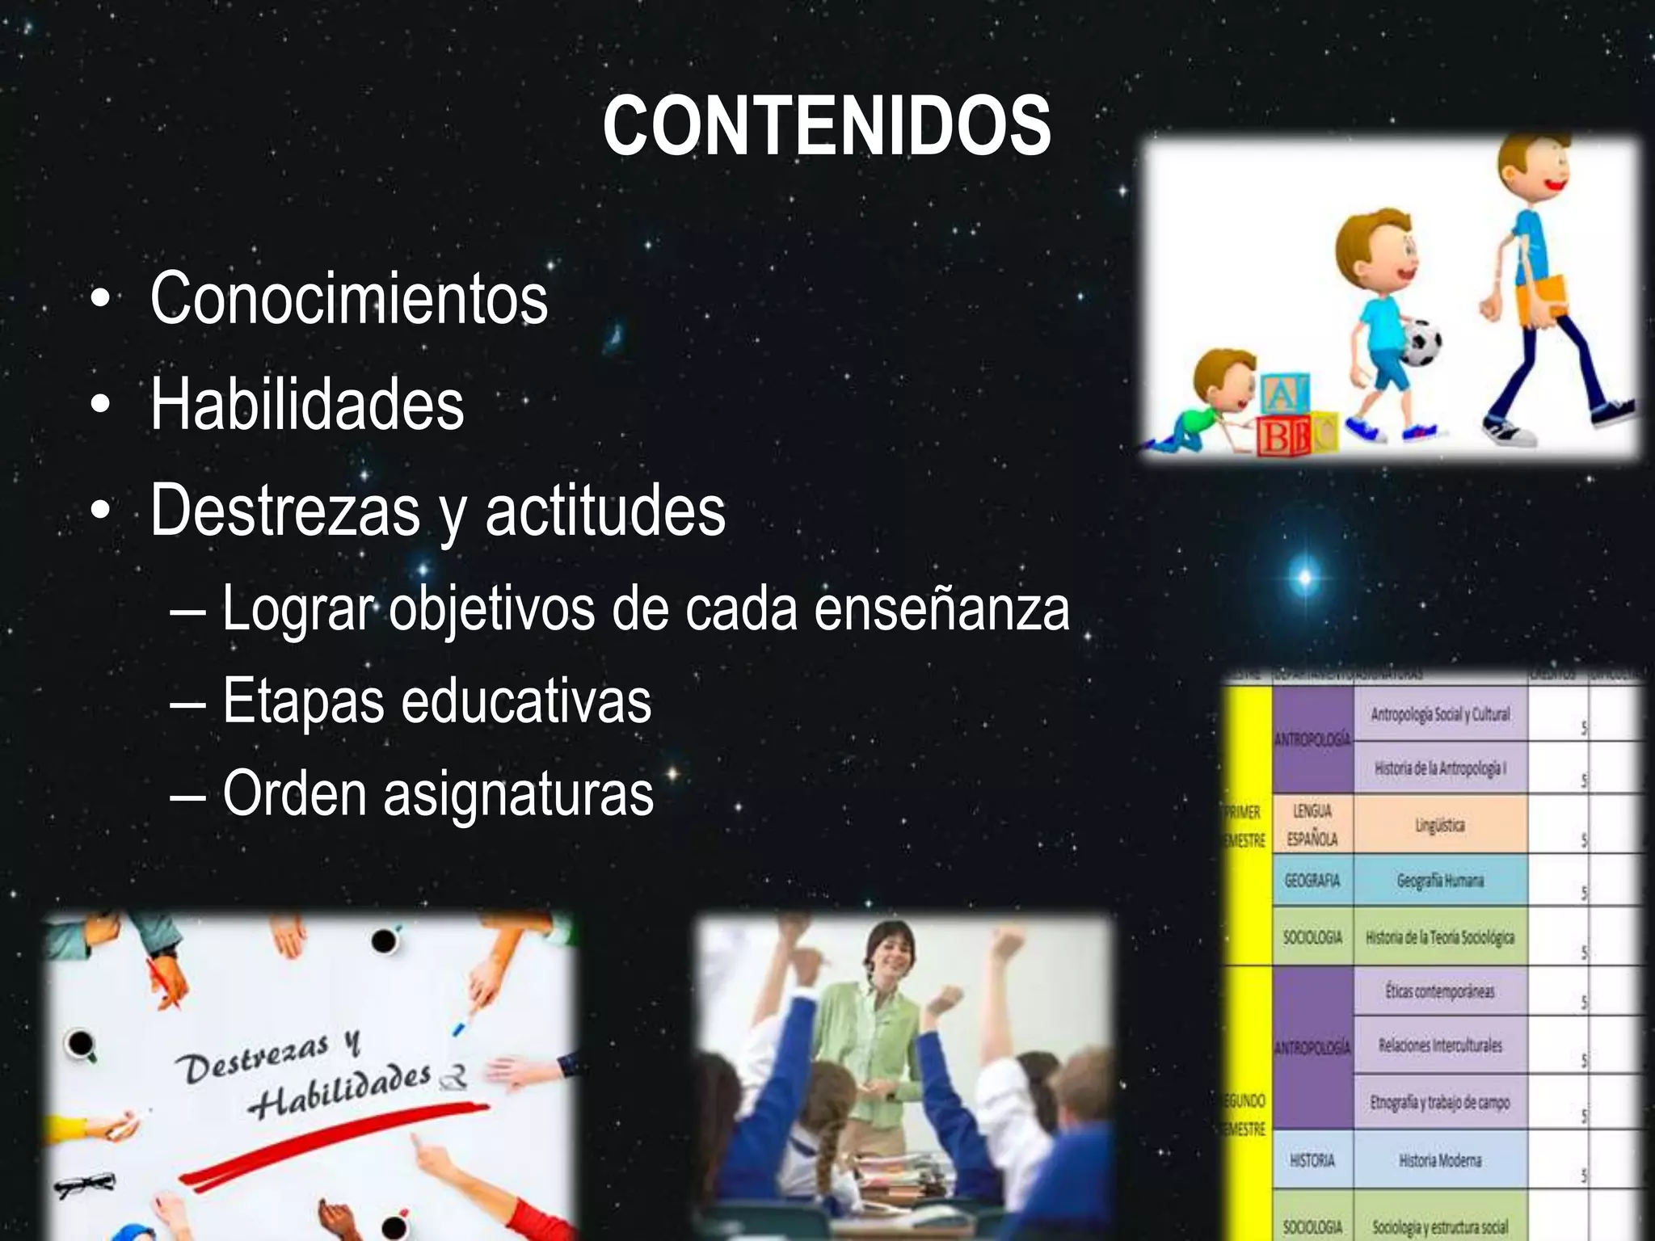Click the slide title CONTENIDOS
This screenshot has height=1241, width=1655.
pos(826,127)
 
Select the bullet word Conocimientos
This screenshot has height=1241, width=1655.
pos(348,299)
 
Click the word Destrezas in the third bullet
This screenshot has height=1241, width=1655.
pos(285,511)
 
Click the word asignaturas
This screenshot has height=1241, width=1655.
pos(518,794)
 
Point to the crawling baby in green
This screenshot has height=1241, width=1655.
pos(1203,404)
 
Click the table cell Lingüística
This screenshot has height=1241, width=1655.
pos(1439,825)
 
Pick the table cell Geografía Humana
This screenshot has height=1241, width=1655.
pos(1440,881)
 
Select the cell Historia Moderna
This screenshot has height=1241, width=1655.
pos(1440,1160)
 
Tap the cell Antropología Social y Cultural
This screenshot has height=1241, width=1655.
pos(1440,714)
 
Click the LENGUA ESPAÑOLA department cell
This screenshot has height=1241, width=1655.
pos(1312,825)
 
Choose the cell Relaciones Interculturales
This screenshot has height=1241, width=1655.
pos(1440,1045)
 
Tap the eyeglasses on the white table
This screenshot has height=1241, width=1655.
pos(84,1184)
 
